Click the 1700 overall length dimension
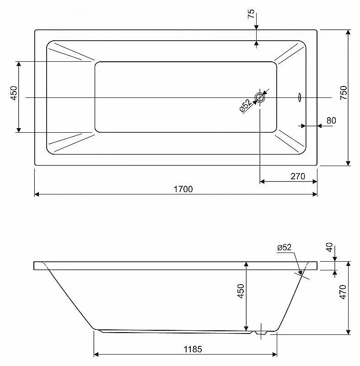[x=183, y=189]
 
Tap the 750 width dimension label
[x=344, y=93]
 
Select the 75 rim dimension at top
[x=251, y=14]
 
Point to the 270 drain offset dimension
[x=298, y=176]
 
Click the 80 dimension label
[x=331, y=120]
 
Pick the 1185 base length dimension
[x=193, y=349]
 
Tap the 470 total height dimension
[x=343, y=292]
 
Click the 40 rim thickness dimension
[x=329, y=247]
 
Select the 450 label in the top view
[x=14, y=93]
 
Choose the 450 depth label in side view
[x=241, y=291]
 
